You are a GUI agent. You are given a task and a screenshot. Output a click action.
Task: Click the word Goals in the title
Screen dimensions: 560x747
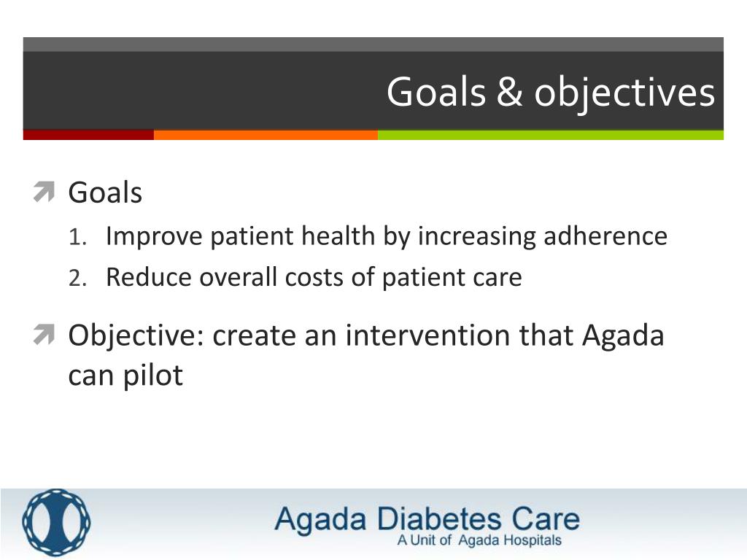click(x=436, y=93)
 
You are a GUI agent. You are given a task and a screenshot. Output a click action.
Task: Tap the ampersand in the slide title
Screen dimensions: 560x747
click(x=509, y=93)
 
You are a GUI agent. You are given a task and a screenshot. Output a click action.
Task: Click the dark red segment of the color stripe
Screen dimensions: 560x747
click(x=88, y=135)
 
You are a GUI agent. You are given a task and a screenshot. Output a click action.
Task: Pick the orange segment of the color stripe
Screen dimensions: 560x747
click(x=266, y=135)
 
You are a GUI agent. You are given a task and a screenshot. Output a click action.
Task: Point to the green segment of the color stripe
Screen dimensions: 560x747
click(x=550, y=135)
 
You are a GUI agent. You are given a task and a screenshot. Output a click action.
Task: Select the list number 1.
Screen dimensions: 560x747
click(x=77, y=237)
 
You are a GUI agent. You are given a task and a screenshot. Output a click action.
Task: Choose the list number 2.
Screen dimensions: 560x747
click(x=77, y=279)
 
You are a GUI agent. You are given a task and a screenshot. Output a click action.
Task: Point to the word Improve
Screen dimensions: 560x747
click(x=154, y=237)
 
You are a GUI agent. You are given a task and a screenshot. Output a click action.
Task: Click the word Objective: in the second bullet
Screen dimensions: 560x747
click(x=136, y=337)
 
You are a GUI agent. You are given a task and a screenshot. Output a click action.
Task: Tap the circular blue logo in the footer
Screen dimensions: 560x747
click(x=56, y=523)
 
